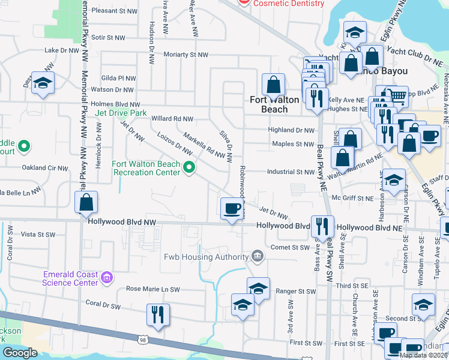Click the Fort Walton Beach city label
tap(274, 104)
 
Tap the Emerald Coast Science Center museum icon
tap(107, 277)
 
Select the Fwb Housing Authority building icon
tap(257, 257)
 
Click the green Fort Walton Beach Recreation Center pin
tap(189, 167)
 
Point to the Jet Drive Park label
tap(120, 113)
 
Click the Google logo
tap(19, 353)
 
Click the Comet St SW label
tap(290, 247)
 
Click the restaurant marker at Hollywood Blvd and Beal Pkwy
tap(322, 226)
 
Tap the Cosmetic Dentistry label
tap(283, 4)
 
